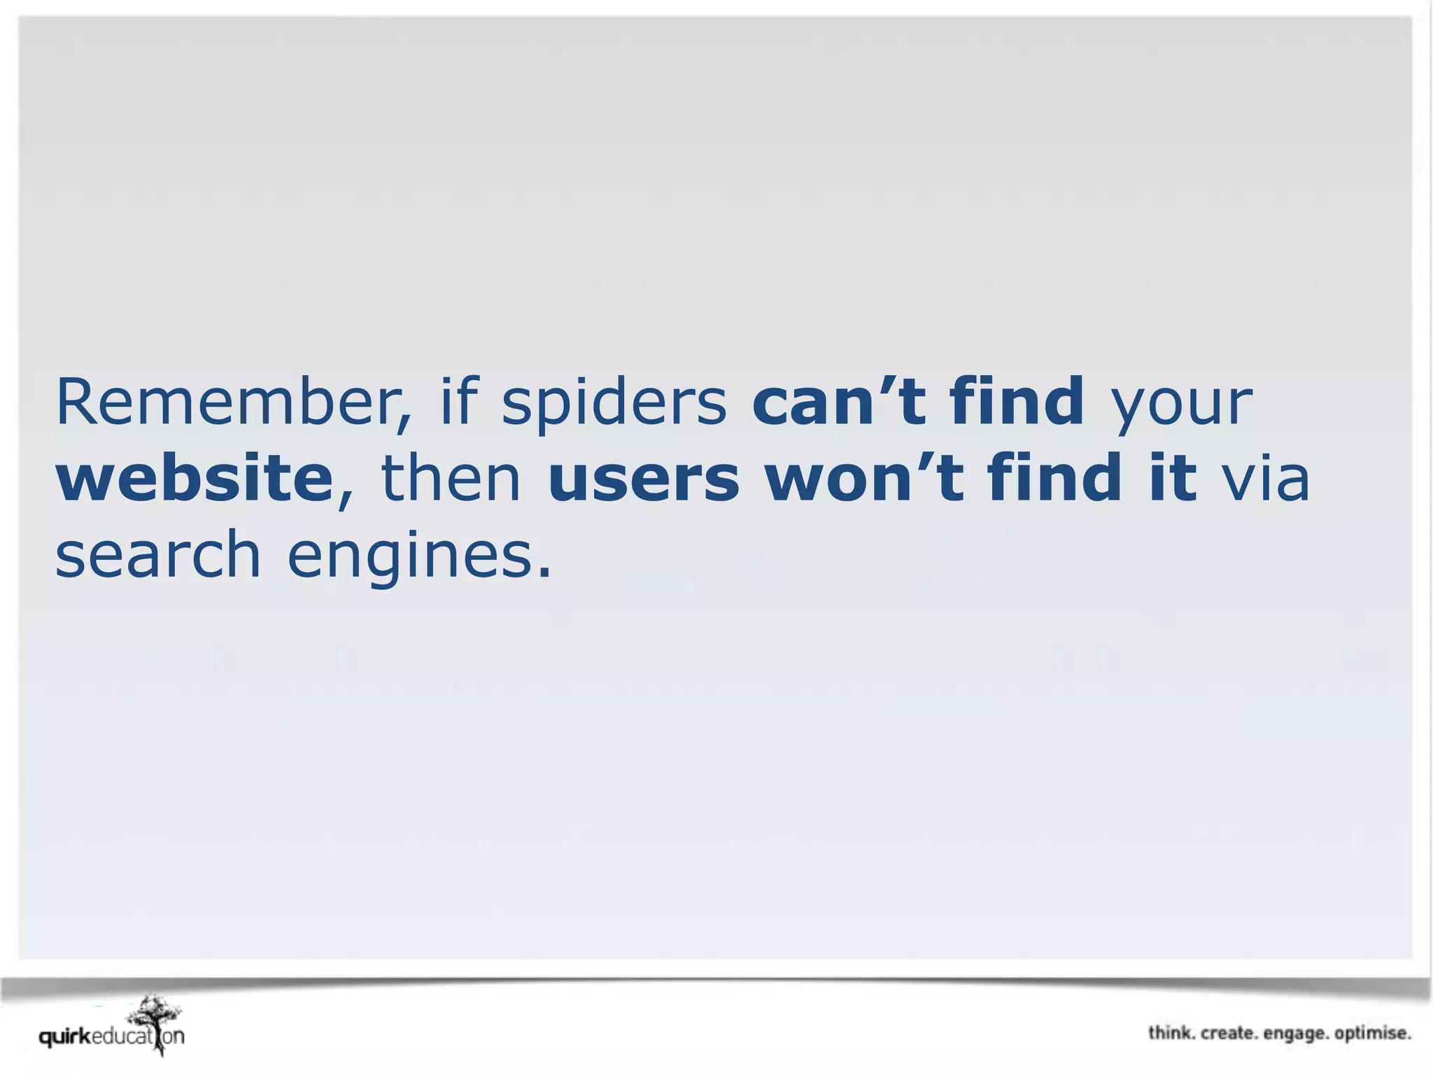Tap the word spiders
(x=614, y=403)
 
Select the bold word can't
(x=839, y=402)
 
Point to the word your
(x=1183, y=406)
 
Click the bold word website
(x=195, y=479)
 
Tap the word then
(x=451, y=479)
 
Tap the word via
(x=1265, y=479)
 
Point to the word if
(x=458, y=402)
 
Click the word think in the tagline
(x=1170, y=1033)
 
